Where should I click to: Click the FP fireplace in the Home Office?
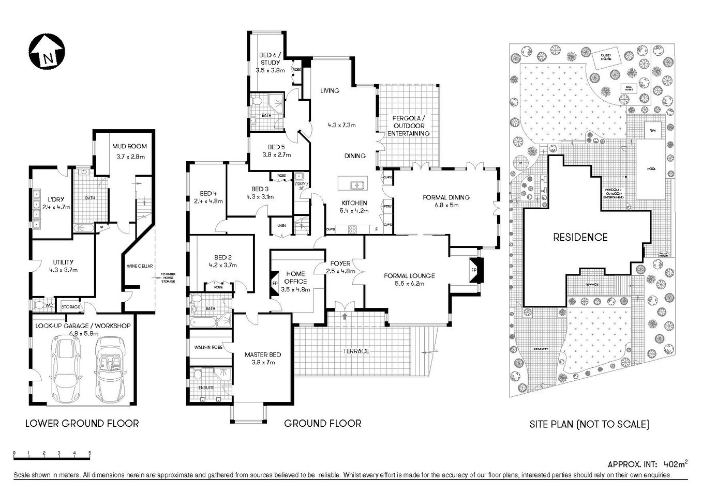275,284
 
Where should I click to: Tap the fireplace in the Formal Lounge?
474,270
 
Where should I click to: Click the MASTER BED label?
263,354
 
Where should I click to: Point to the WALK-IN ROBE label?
208,347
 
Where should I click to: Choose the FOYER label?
340,263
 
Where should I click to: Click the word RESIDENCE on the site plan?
580,238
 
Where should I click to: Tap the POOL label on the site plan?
650,169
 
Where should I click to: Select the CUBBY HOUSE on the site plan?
606,57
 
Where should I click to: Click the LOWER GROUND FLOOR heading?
82,424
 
